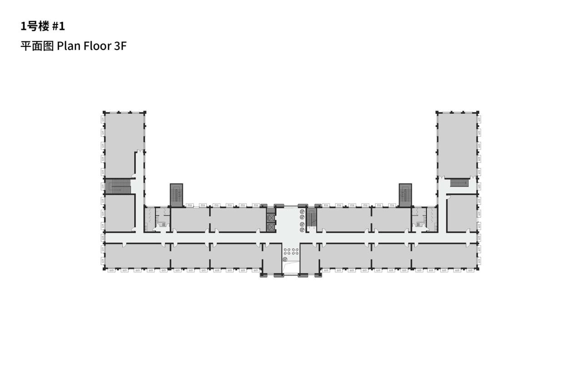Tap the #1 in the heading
coord(59,26)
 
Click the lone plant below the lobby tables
coord(285,259)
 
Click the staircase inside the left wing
coord(118,186)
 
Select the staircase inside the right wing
coord(459,183)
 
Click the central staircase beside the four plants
coord(311,219)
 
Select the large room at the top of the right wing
coord(457,143)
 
